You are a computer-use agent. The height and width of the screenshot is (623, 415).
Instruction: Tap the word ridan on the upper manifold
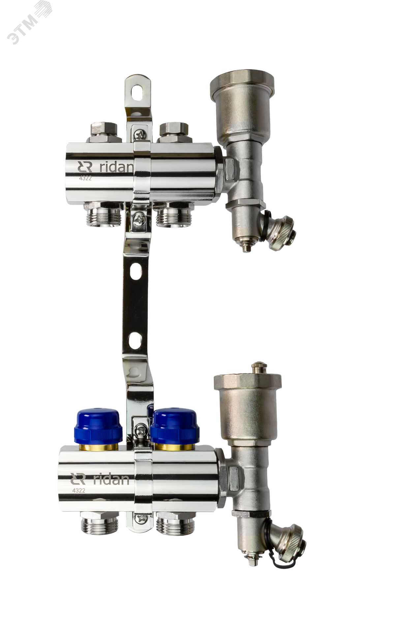tap(116, 167)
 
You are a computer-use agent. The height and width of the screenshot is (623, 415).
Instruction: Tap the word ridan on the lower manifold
tap(111, 479)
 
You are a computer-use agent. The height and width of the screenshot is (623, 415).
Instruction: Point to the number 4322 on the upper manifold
tap(85, 178)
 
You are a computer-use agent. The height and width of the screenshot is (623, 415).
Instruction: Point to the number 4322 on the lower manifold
tap(79, 490)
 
